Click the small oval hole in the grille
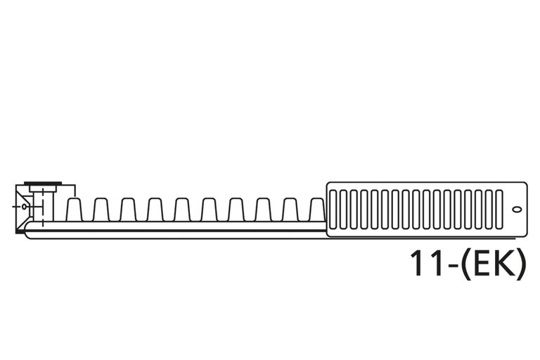(517, 209)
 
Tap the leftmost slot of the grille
(333, 209)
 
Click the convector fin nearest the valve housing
(74, 210)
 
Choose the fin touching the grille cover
(316, 210)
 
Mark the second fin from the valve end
(101, 210)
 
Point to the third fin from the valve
(127, 210)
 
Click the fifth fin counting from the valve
(181, 210)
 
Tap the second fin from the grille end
(290, 210)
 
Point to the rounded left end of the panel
(27, 233)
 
